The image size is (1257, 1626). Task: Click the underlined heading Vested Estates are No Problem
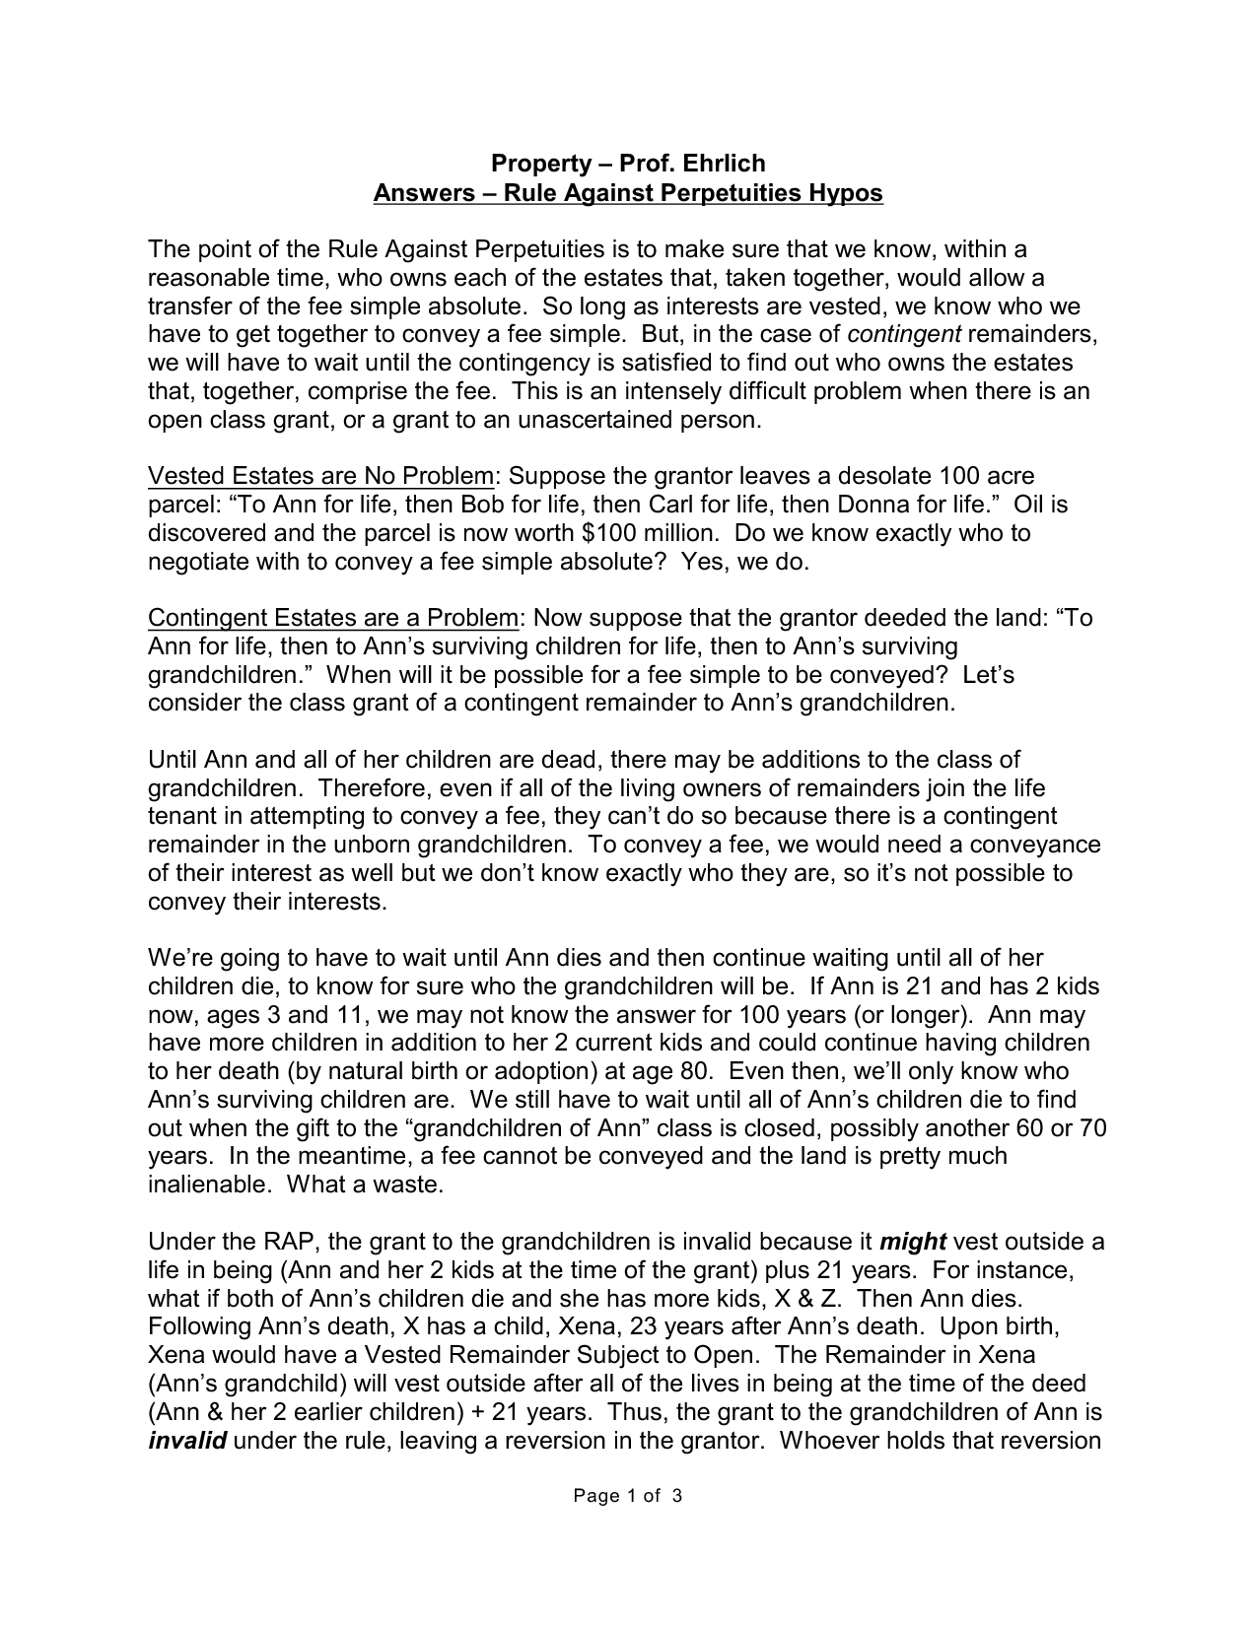click(320, 477)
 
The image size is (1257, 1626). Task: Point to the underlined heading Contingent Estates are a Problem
click(332, 619)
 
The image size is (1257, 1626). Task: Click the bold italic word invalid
click(187, 1441)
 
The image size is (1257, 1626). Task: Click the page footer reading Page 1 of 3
click(628, 1497)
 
